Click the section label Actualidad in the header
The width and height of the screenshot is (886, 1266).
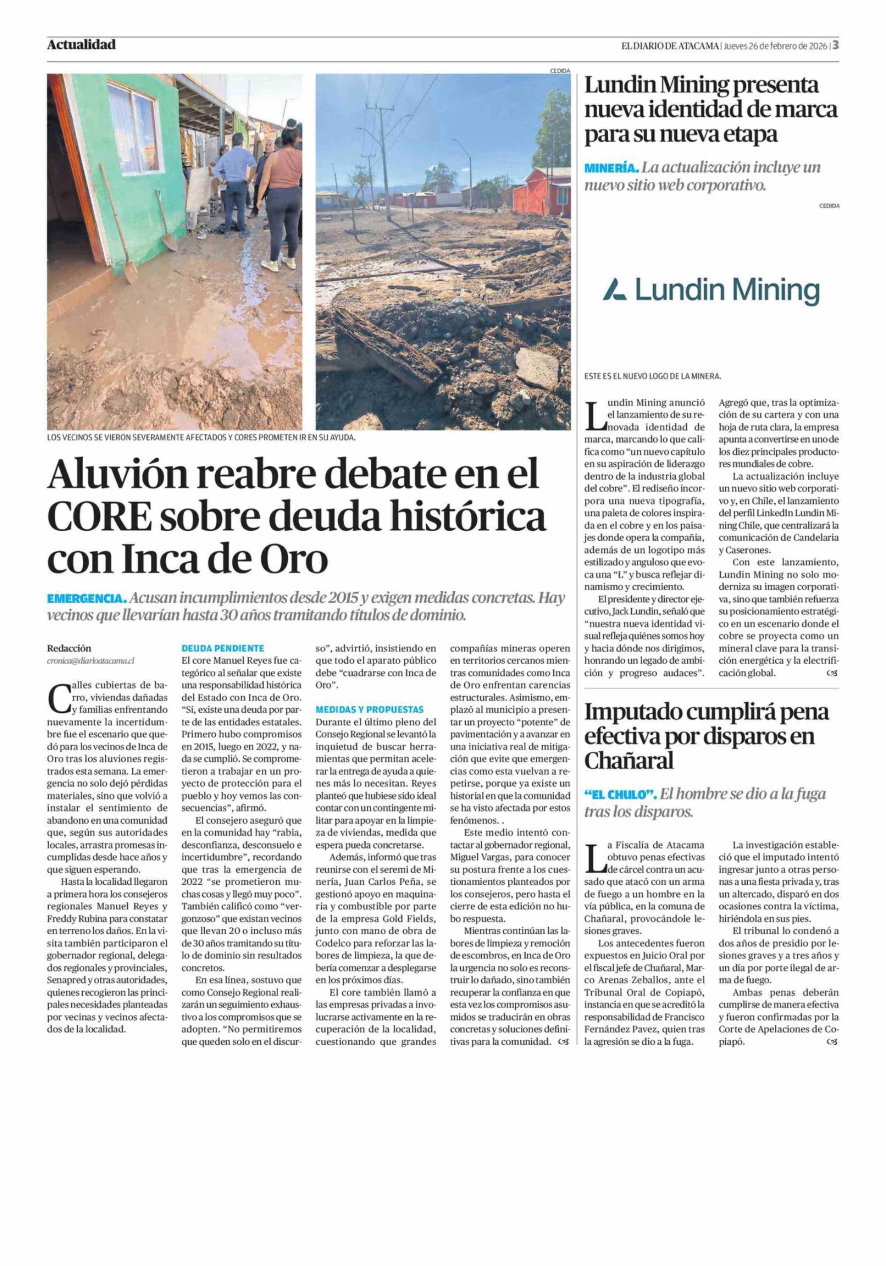[x=81, y=45]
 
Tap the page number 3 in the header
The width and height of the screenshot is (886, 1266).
[x=835, y=45]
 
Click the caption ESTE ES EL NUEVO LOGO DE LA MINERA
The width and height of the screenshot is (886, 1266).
[x=652, y=376]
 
